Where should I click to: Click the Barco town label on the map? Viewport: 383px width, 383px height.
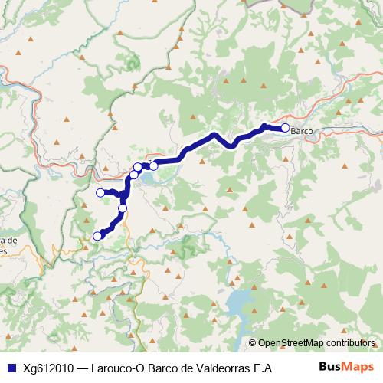[303, 131]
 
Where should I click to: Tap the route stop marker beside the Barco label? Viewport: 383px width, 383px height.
[286, 128]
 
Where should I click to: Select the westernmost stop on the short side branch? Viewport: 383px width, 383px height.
[100, 192]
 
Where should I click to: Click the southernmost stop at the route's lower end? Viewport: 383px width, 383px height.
[97, 236]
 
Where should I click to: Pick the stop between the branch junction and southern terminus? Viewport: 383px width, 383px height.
[123, 208]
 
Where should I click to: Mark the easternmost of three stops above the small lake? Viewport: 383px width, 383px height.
[153, 165]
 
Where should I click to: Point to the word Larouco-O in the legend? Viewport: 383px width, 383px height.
[116, 368]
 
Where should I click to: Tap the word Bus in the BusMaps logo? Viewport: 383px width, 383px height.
[329, 367]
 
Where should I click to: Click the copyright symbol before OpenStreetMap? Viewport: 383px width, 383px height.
[254, 343]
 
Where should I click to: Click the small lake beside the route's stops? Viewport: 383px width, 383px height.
[150, 178]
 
